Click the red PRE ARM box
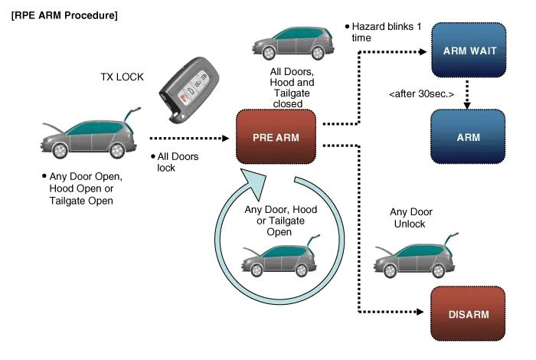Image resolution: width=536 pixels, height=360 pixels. pos(276,137)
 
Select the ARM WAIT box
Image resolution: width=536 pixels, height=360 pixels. pos(469,51)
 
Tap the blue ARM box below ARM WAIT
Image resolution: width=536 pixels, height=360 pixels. pos(469,136)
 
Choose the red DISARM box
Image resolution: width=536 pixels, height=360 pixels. pos(468,314)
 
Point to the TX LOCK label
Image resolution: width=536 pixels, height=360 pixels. pos(122,79)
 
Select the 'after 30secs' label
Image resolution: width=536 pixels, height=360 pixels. pos(421,94)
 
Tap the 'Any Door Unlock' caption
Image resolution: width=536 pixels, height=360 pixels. pos(413,218)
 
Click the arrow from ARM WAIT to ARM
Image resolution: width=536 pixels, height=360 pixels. pos(468,92)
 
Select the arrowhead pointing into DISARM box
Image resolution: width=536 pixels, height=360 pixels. pos(420,313)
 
